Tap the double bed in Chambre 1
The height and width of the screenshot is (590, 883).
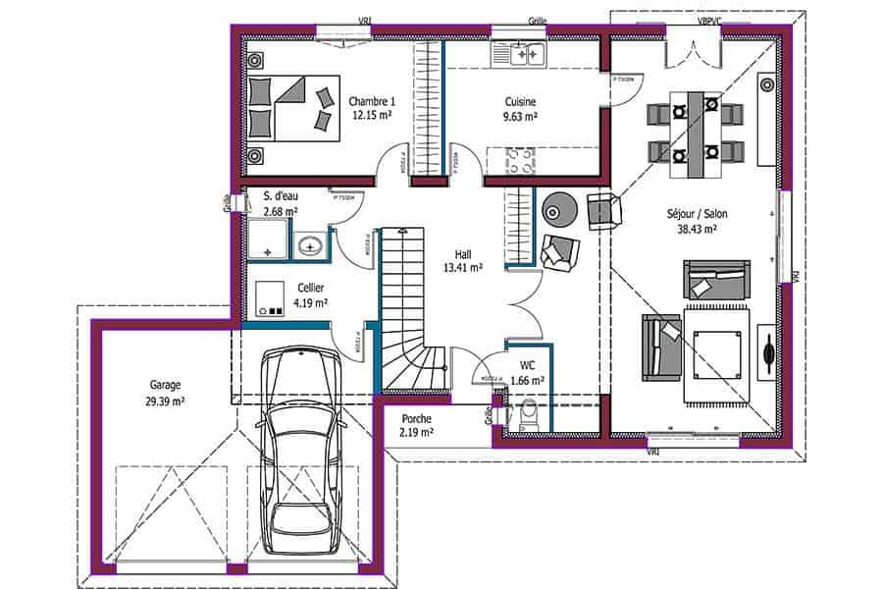pyautogui.click(x=291, y=107)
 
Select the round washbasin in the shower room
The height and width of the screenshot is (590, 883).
pyautogui.click(x=311, y=245)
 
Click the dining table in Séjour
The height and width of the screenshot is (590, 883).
pyautogui.click(x=697, y=133)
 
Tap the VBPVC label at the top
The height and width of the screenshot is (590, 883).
pyautogui.click(x=709, y=20)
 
